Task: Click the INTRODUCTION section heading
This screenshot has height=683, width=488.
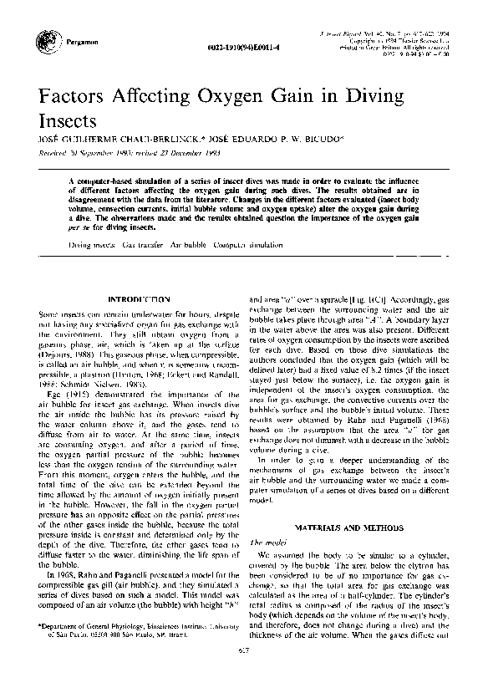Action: coord(140,298)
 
